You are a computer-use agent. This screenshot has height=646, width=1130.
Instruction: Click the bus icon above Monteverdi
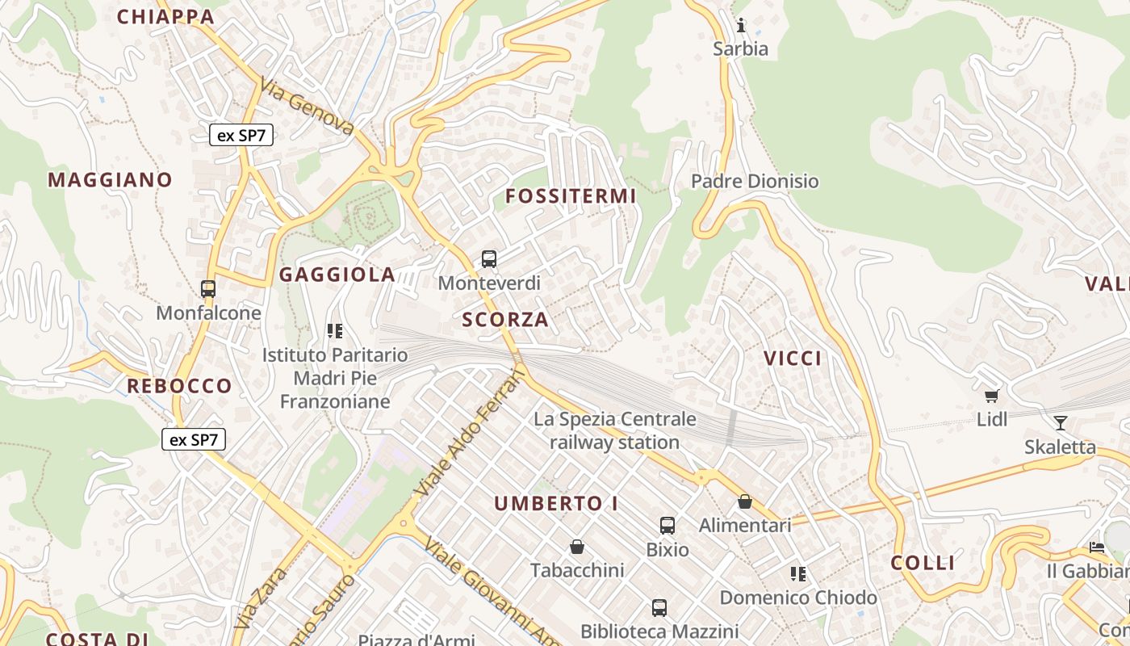point(489,259)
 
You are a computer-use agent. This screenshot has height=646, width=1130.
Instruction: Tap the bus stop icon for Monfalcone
point(208,288)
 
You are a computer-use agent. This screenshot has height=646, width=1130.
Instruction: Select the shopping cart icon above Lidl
point(992,395)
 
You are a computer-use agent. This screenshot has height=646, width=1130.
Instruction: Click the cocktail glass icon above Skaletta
point(1061,422)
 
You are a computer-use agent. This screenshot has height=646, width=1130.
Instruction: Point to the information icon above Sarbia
point(741,24)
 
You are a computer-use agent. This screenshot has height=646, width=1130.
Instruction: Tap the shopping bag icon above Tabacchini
point(577,547)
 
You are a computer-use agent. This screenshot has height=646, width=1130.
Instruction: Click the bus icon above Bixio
point(668,526)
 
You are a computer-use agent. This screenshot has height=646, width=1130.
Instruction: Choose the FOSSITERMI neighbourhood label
point(571,196)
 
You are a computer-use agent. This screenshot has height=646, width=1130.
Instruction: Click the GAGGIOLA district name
point(337,275)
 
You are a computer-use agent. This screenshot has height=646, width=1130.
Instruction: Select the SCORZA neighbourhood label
point(505,320)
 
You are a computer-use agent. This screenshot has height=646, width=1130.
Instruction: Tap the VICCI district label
point(793,359)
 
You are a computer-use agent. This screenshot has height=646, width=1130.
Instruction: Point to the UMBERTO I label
point(556,504)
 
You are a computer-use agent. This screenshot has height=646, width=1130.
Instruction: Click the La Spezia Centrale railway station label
point(615,430)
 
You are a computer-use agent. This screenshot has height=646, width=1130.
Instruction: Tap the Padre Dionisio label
point(755,181)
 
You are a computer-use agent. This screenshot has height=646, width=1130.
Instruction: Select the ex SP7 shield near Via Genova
point(241,135)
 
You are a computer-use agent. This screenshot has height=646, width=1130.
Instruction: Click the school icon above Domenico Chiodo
point(798,574)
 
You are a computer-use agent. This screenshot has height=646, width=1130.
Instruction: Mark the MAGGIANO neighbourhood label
point(110,179)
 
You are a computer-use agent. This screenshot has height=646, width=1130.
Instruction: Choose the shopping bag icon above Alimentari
point(745,501)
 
